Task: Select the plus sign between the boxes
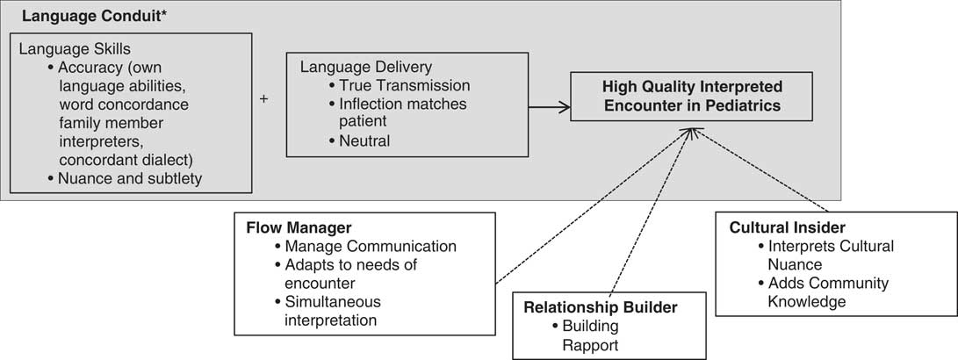(263, 99)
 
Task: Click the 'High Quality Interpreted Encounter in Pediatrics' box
(692, 97)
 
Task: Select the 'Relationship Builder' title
(601, 306)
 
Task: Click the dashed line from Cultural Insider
(764, 171)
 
